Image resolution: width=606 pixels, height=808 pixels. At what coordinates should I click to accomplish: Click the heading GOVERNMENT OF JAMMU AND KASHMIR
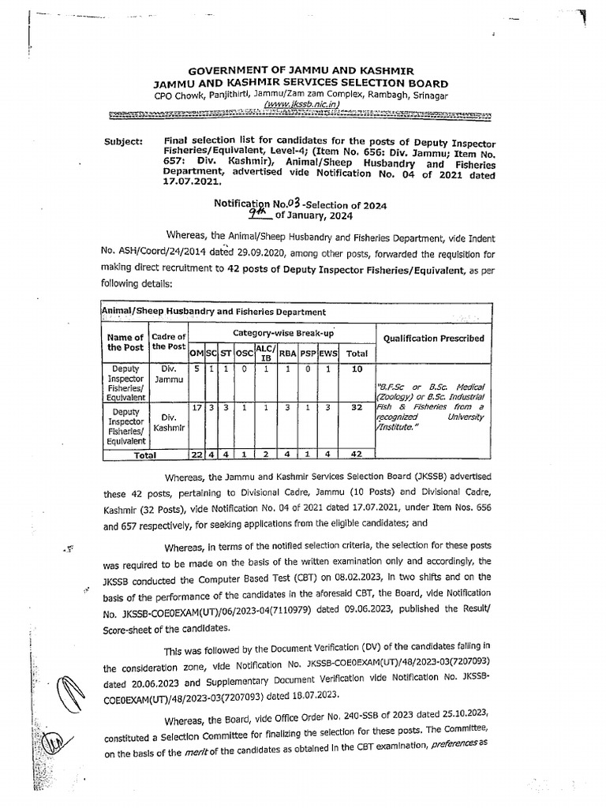301,71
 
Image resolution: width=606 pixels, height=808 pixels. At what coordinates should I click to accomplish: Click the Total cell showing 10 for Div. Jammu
357,368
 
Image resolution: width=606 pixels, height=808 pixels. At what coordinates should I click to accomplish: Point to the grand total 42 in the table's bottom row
357,455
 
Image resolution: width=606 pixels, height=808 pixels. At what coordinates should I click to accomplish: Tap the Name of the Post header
125,342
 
